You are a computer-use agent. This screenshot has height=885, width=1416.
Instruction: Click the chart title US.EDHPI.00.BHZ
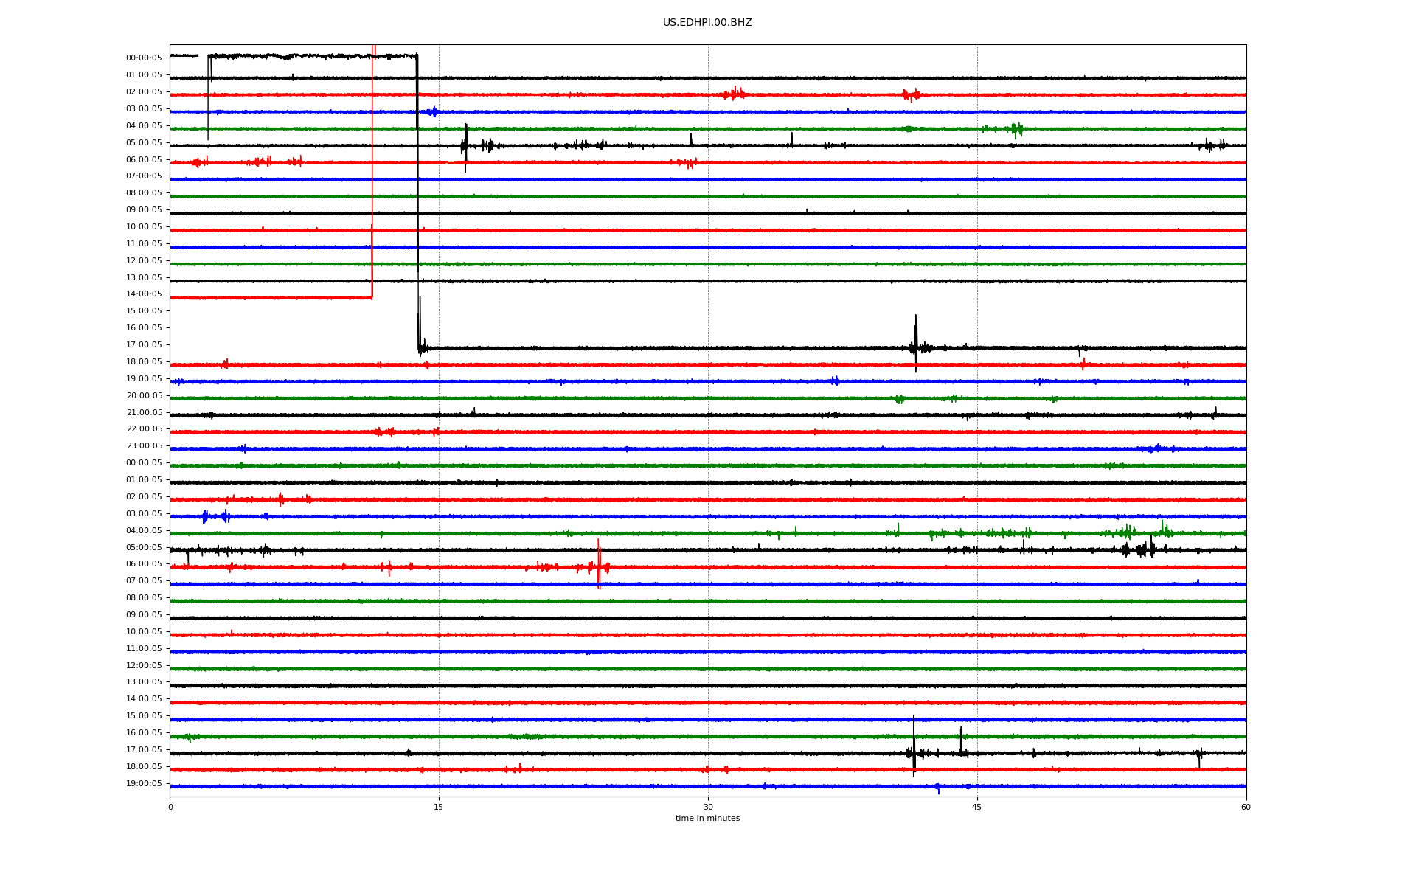tap(707, 23)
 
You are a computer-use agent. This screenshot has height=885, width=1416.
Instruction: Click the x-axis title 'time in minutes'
tap(707, 818)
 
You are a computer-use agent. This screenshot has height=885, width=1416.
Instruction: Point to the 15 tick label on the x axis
tap(439, 807)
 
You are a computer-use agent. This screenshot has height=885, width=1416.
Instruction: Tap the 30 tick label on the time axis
tap(708, 807)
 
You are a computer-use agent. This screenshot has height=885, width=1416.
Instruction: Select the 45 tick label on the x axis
tap(977, 807)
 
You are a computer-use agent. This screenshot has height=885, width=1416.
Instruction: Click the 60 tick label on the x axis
tap(1246, 807)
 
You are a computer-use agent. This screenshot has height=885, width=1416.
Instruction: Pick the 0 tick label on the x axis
tap(170, 807)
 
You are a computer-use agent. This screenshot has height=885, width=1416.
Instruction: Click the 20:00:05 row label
tap(144, 396)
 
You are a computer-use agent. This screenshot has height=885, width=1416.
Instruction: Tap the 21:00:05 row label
tap(144, 413)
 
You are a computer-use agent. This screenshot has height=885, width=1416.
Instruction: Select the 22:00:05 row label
tap(144, 429)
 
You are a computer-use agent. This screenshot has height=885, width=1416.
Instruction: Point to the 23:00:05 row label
tap(144, 446)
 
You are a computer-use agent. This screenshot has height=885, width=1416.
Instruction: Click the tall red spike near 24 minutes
tap(599, 564)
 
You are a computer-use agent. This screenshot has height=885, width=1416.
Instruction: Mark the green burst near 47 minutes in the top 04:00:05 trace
tap(1016, 130)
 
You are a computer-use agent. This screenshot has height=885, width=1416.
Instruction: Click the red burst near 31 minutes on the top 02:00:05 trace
tap(735, 94)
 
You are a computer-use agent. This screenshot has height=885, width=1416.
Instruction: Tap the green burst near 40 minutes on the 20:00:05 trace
tap(899, 399)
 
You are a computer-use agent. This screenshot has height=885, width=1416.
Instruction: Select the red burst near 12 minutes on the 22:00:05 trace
tap(384, 431)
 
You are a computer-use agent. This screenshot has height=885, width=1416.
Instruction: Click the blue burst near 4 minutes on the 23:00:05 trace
tap(243, 448)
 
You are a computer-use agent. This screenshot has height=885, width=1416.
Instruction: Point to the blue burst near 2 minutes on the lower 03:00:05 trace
tap(205, 516)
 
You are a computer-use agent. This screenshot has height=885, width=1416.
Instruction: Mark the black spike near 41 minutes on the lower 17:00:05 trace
tap(914, 746)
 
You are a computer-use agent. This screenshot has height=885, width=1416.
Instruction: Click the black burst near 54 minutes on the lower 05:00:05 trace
tap(1139, 549)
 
